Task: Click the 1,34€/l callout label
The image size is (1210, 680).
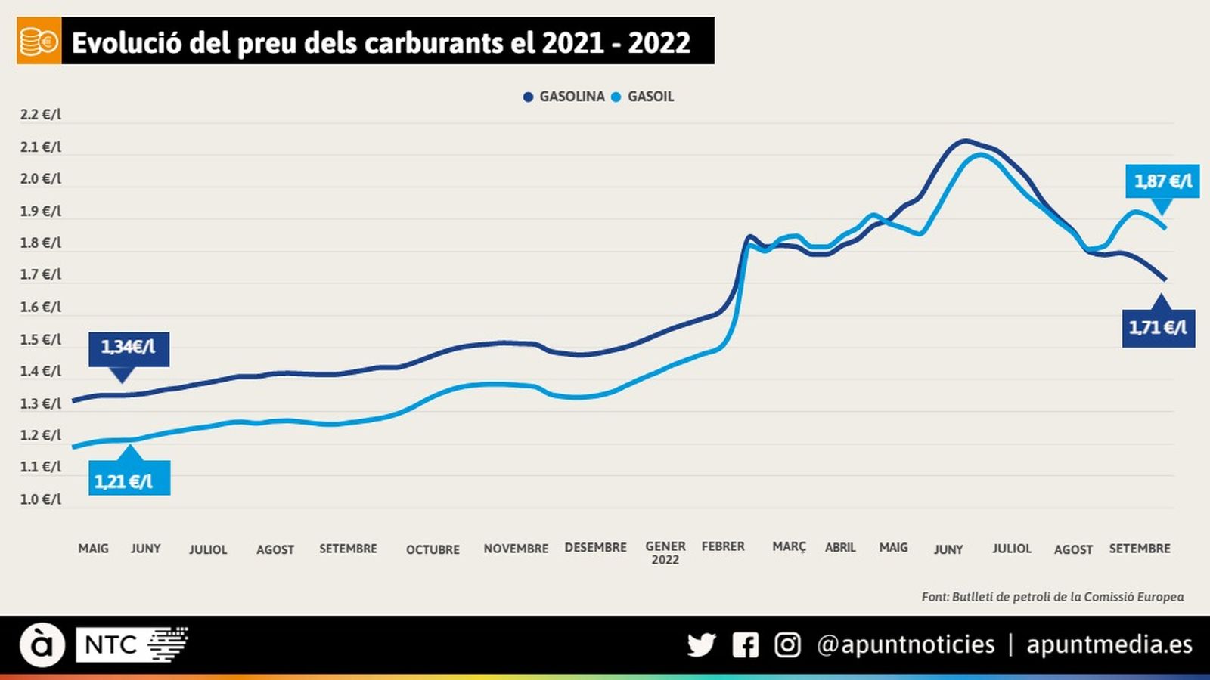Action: pos(129,348)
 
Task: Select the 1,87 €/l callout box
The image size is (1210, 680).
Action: pos(1162,181)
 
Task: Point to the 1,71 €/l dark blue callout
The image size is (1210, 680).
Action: pos(1158,328)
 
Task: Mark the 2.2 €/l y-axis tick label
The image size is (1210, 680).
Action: pos(40,115)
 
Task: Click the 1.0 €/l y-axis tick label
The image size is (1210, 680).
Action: pos(40,499)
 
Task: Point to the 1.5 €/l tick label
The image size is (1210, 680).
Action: pos(40,339)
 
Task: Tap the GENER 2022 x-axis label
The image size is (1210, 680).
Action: pos(665,552)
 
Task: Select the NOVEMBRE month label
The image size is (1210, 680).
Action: pos(516,549)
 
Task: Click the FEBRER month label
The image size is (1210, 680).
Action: pos(723,546)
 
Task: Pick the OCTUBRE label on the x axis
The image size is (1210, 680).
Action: pos(433,549)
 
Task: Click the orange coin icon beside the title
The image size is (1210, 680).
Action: pos(39,42)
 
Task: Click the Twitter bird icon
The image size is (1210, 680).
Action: pos(701,644)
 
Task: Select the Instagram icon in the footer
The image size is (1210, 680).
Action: pos(787,644)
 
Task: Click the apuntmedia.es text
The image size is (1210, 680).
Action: pos(1109,644)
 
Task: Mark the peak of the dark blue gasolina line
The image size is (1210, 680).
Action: pos(963,141)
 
